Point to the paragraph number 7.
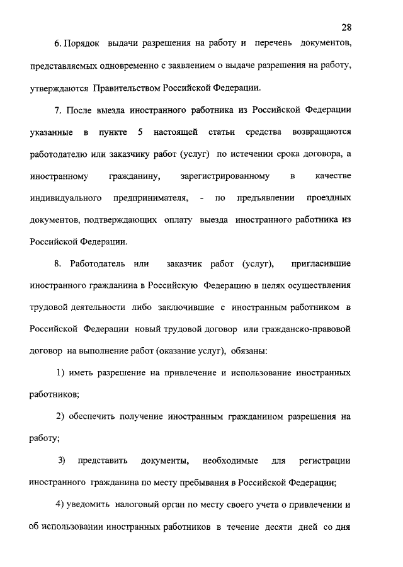[57, 111]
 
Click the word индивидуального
[66, 198]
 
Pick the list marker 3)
[62, 461]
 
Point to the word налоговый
[137, 505]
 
